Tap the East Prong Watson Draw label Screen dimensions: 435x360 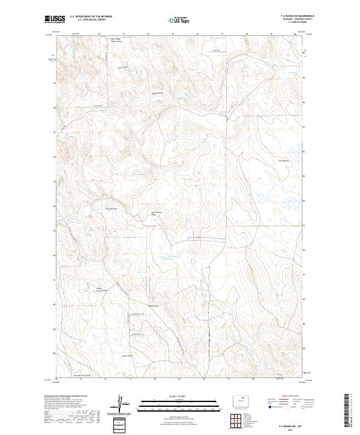point(116,41)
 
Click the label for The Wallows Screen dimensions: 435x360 point(284,160)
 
